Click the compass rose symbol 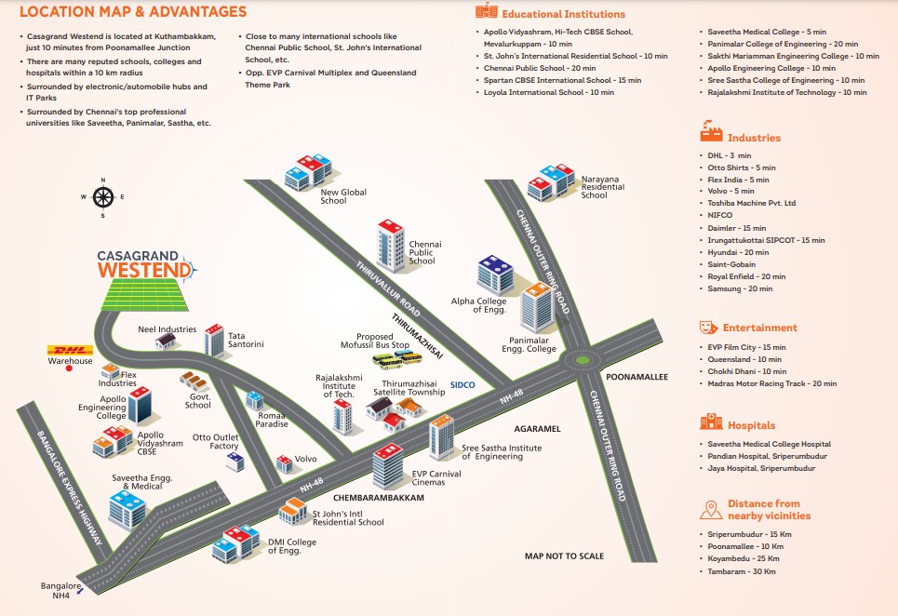(x=102, y=196)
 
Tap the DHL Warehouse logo (x=70, y=351)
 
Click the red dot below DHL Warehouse (x=69, y=368)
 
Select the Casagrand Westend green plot (x=145, y=296)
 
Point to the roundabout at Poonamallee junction (x=583, y=357)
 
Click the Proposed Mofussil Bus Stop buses (x=390, y=358)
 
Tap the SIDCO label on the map (x=462, y=384)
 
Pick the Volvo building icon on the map (x=284, y=462)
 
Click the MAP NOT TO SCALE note (x=564, y=556)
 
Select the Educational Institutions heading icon (x=486, y=12)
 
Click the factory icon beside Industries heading (x=711, y=130)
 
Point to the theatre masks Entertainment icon (x=708, y=328)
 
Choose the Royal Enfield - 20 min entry (x=746, y=276)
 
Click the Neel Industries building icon (x=167, y=341)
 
